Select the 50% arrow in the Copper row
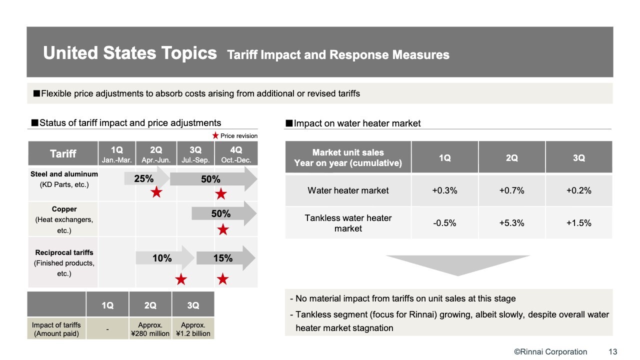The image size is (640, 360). pos(224,213)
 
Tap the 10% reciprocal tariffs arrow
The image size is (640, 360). pos(165,258)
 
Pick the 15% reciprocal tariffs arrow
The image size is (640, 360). pos(225,258)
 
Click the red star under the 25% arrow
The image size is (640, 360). pos(156,192)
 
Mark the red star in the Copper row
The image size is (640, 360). pos(223,229)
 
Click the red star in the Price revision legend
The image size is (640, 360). pos(215,135)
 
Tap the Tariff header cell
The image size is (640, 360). pos(63,153)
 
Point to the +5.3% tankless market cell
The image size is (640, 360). pos(511,223)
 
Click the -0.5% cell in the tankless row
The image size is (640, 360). pos(444,223)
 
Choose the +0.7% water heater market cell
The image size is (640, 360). pos(511,190)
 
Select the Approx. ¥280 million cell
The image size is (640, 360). pos(150,329)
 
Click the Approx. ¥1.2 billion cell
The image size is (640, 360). pos(193,329)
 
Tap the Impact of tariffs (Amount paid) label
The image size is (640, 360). pos(56,329)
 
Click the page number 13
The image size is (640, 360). pos(613,351)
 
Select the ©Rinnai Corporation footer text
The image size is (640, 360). pos(550,351)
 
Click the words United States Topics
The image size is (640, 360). pos(130,53)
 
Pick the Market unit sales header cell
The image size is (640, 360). pos(348,157)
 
